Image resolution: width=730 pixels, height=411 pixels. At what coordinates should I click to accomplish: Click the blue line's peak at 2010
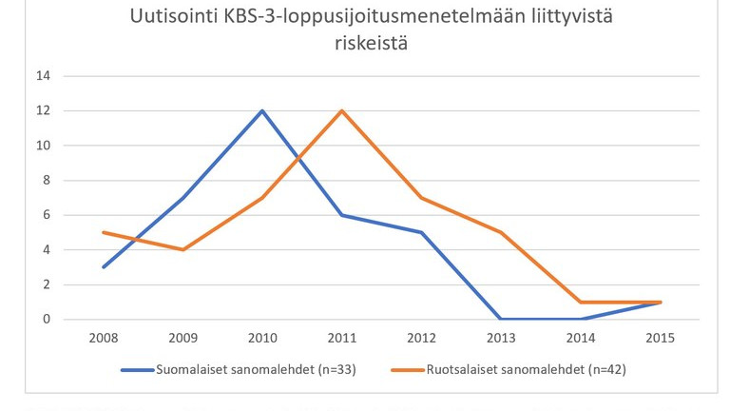(x=261, y=110)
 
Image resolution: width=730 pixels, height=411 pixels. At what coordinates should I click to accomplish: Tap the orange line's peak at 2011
(x=341, y=110)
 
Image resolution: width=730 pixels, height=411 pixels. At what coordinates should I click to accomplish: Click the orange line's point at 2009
(x=182, y=250)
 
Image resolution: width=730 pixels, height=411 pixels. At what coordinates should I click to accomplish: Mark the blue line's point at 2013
(x=501, y=320)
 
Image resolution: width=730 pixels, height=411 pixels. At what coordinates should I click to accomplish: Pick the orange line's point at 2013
(x=501, y=232)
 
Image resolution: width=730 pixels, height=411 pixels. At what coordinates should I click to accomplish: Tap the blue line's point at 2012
(x=421, y=232)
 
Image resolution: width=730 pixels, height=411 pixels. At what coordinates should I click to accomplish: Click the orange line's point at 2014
(x=581, y=303)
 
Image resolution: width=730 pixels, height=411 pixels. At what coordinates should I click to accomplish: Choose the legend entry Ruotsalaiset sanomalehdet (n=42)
(x=509, y=370)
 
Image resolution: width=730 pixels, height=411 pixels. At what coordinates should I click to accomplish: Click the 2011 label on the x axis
(x=341, y=339)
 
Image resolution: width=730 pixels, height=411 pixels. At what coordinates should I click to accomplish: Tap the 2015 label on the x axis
(x=661, y=339)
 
